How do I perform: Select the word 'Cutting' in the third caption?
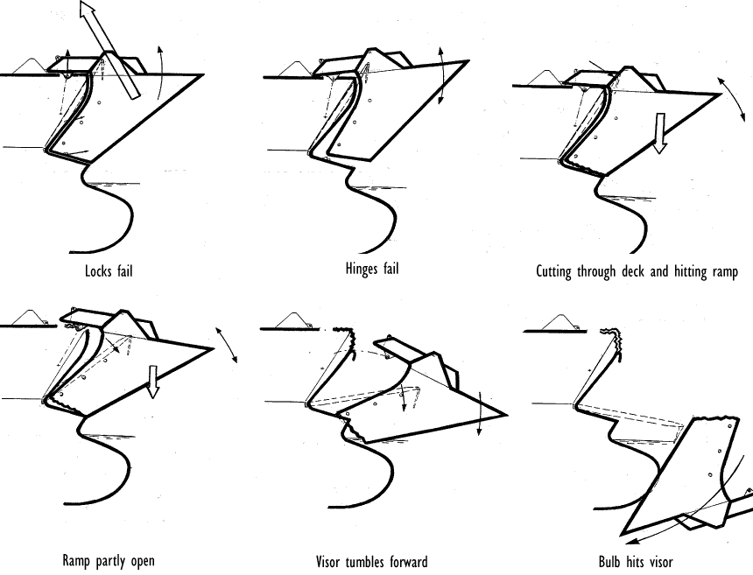(554, 271)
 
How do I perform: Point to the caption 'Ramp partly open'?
(109, 560)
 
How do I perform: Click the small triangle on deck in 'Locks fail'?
(31, 66)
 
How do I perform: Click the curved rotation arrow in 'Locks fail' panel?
(159, 70)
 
